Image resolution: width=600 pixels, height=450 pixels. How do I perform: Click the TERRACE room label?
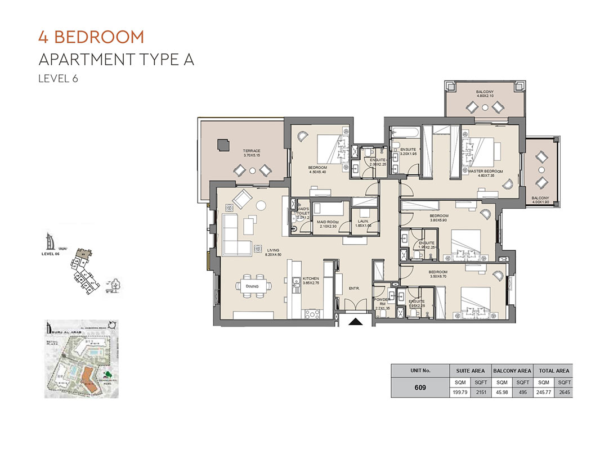252,151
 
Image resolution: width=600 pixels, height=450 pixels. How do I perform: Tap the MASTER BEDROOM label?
485,171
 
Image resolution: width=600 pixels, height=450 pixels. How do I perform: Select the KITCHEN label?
311,278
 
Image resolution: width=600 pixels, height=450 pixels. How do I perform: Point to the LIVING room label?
273,250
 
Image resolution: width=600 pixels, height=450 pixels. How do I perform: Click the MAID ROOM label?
326,223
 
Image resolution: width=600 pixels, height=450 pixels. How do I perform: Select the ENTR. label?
354,289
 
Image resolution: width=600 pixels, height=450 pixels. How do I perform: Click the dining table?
252,286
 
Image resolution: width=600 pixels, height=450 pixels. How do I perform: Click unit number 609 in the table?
419,388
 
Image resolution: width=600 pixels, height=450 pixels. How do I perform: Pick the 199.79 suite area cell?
459,393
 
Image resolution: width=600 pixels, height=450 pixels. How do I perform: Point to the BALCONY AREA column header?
512,371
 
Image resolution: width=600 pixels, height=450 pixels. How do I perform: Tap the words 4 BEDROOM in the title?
91,38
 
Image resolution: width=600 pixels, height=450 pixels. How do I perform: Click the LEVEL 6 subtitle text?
57,79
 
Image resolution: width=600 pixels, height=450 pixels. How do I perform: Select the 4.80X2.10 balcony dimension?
485,96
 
